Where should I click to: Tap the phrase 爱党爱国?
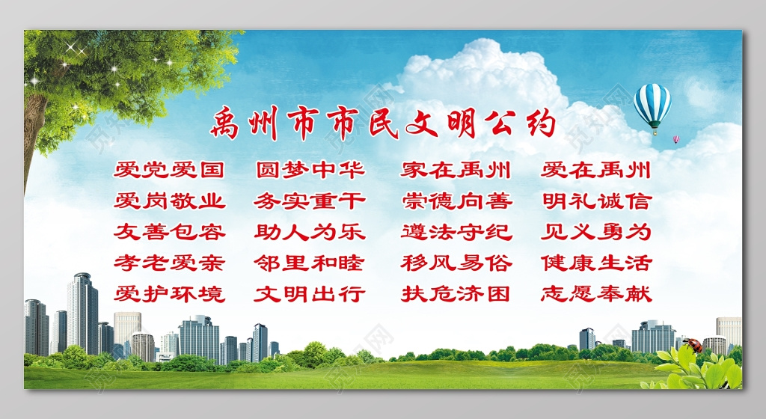coord(169,170)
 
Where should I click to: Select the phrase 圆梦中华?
coord(310,170)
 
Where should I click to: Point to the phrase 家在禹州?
coord(456,170)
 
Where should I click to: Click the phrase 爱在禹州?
coord(596,170)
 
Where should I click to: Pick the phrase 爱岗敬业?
coord(169,201)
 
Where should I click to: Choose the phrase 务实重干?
coord(310,201)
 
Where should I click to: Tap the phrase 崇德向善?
coord(456,201)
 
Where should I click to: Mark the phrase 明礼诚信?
coord(596,201)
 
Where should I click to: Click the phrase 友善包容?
coord(169,231)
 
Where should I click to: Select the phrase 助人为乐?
coord(310,231)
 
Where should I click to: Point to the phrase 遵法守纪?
coord(456,231)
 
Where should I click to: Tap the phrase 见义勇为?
coord(596,231)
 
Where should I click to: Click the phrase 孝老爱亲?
coord(169,263)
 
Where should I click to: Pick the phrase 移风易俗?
coord(456,263)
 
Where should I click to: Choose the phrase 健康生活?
coord(596,263)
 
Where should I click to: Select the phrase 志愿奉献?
coord(596,293)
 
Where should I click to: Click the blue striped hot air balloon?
coord(652,105)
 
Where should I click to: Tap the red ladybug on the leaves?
coord(693,345)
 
